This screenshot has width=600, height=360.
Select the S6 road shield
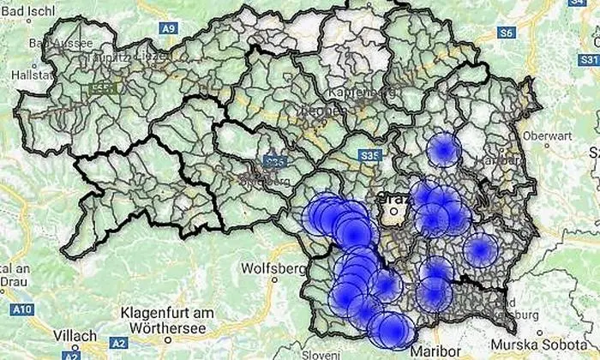[x=507, y=33]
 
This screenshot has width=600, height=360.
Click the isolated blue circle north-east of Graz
[x=443, y=151]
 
